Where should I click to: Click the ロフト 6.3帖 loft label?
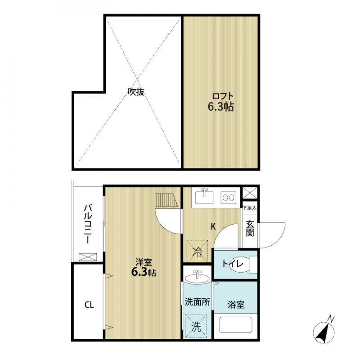[221, 102]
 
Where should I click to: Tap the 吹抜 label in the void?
[136, 92]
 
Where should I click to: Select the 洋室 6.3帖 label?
[144, 268]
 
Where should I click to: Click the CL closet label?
[89, 305]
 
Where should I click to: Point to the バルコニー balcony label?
[88, 224]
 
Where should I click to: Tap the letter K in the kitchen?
[213, 227]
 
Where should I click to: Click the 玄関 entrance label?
[250, 228]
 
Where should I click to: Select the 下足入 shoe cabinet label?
[250, 208]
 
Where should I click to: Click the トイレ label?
[232, 264]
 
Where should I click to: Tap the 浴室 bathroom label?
[236, 305]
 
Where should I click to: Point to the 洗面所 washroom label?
[198, 302]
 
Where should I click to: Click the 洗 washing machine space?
[196, 327]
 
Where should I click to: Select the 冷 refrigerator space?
[197, 251]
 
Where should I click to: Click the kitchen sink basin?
[204, 197]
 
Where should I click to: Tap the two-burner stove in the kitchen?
[229, 198]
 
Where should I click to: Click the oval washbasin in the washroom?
[197, 278]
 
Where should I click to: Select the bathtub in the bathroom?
[235, 324]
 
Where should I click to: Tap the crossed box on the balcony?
[88, 257]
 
